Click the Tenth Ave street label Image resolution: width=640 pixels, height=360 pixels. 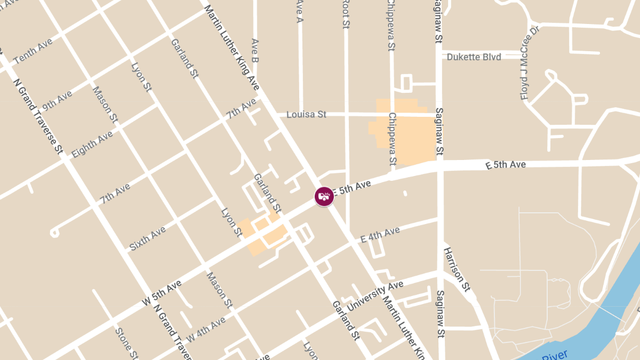click(x=33, y=51)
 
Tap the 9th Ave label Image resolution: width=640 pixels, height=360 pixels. click(x=57, y=100)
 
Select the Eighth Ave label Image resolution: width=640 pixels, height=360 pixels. click(x=92, y=144)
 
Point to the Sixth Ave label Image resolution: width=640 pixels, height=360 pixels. click(x=148, y=238)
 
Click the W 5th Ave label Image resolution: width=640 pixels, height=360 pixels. click(x=162, y=293)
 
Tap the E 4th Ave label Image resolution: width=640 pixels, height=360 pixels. click(x=380, y=235)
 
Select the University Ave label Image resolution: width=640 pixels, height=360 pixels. click(x=375, y=296)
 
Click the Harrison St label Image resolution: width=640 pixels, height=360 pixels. click(x=458, y=269)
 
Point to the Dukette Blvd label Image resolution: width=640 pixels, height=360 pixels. click(x=474, y=57)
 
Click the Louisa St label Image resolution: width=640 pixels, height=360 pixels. click(x=306, y=114)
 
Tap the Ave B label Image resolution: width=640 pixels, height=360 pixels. click(x=254, y=51)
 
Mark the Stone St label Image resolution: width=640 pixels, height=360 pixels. click(x=127, y=343)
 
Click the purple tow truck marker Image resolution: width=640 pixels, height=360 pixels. click(x=324, y=196)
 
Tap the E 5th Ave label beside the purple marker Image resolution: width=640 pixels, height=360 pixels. click(x=351, y=188)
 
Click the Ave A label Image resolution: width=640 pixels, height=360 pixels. click(x=299, y=12)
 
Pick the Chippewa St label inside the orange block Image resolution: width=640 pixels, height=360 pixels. click(x=393, y=139)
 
